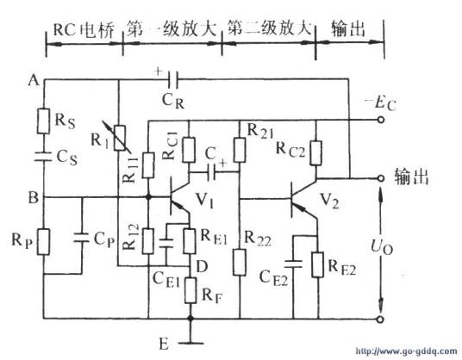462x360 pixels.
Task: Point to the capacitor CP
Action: (x=83, y=237)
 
